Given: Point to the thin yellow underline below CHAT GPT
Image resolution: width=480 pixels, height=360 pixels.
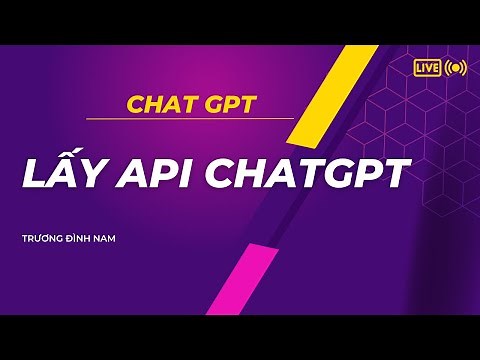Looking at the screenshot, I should [190, 119].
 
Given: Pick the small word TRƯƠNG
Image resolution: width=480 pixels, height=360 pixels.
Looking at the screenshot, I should [44, 239].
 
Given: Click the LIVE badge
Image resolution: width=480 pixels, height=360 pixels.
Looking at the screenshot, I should [427, 67].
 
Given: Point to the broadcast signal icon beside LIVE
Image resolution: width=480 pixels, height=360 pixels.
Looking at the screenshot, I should [456, 67].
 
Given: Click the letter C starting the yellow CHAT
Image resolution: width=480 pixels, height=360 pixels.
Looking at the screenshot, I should [134, 103].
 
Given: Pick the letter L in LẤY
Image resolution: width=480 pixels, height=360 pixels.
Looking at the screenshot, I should [31, 174].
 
